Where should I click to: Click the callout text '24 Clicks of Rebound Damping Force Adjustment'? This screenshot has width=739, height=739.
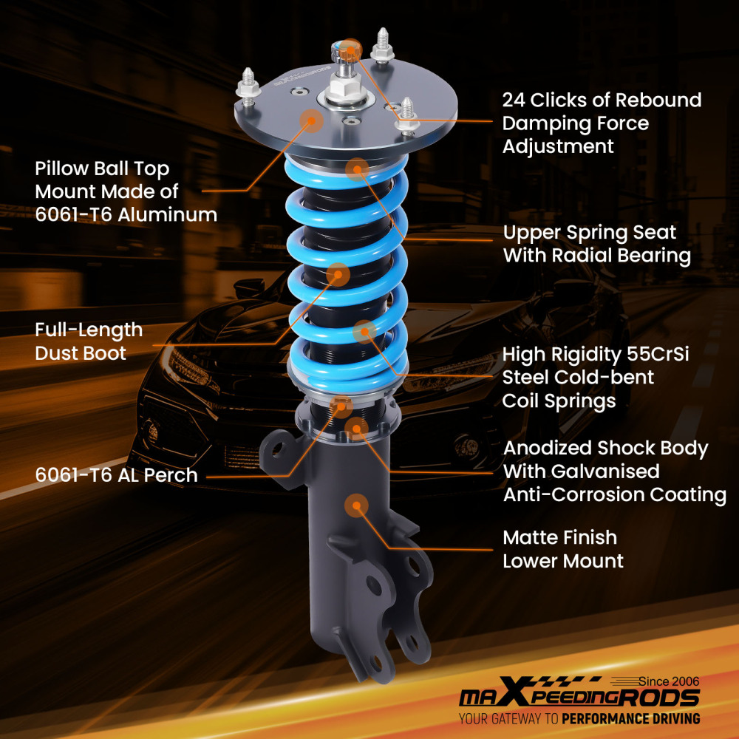tap(602, 123)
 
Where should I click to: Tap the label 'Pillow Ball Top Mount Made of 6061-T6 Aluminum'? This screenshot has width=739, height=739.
tap(126, 192)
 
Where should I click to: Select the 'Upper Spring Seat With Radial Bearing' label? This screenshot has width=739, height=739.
tap(597, 244)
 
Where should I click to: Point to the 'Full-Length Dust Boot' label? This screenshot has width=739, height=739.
tap(89, 341)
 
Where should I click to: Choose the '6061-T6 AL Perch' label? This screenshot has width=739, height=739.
tap(116, 474)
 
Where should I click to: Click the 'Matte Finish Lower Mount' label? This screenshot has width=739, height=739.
tap(563, 548)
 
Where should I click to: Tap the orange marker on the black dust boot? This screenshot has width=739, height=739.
tap(338, 275)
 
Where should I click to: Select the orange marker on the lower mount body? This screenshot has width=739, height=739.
tap(355, 505)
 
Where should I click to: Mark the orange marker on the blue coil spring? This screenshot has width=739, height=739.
tap(364, 332)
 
